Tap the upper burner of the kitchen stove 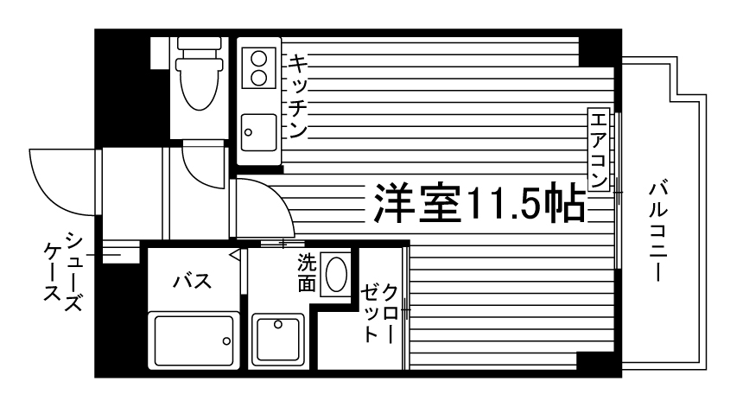pyautogui.click(x=257, y=59)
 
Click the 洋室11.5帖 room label pyautogui.click(x=476, y=205)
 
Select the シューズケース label pyautogui.click(x=65, y=277)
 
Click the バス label pyautogui.click(x=192, y=281)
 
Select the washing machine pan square pyautogui.click(x=278, y=340)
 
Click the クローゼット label pyautogui.click(x=380, y=311)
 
